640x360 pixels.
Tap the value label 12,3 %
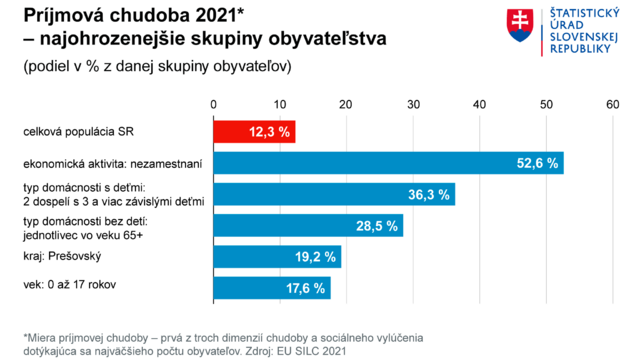pos(269,132)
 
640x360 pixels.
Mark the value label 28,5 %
pos(377,226)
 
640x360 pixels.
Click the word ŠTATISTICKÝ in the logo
pos(581,14)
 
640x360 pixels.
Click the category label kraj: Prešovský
pos(63,256)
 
